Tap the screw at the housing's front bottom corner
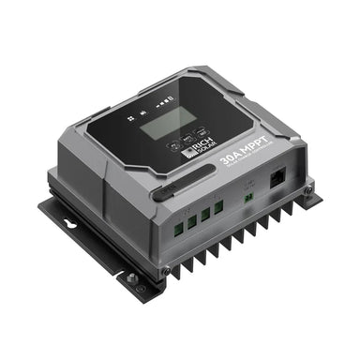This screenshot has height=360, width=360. click(x=165, y=270)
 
